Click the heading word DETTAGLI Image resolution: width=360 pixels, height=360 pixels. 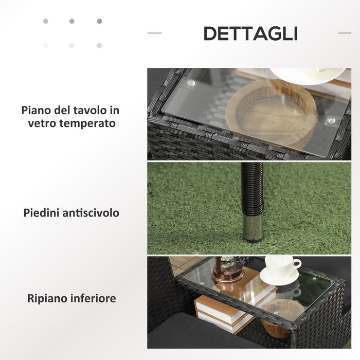coord(250,33)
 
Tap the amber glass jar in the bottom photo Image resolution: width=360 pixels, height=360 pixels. coord(227,269)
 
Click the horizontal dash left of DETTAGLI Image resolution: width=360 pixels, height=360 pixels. coord(154,33)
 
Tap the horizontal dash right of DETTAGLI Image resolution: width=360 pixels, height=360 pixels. coord(345,33)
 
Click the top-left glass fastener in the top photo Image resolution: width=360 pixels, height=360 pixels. coord(191,82)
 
